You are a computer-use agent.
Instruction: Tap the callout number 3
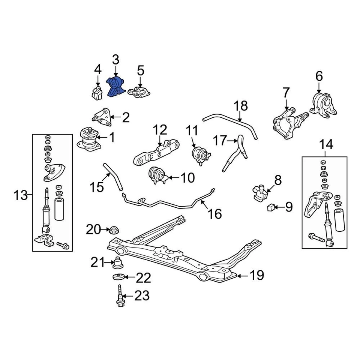115,59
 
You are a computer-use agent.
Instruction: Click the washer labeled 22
119,277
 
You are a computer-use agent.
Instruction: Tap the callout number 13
21,195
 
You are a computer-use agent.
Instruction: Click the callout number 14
326,144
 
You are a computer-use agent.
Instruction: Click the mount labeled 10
158,175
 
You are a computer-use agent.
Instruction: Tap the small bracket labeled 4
97,92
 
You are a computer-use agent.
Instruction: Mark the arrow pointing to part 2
114,118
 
